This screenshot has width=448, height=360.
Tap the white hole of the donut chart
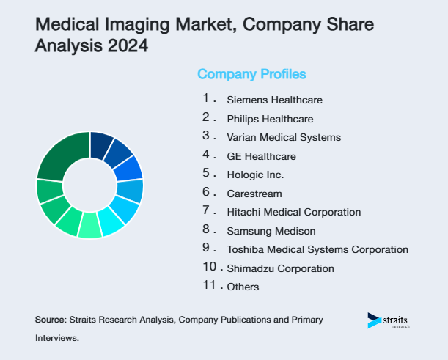click(89, 185)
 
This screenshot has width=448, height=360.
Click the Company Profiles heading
click(251, 74)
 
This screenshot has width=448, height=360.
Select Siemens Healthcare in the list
click(274, 100)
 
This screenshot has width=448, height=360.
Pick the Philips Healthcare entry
click(270, 119)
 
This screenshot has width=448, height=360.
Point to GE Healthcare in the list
click(262, 156)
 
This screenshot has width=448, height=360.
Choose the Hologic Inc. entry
click(255, 175)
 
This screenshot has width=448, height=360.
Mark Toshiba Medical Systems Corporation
click(317, 249)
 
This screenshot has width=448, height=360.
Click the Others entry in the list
click(243, 287)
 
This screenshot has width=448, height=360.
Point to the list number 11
click(210, 285)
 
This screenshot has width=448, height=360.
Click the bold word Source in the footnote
click(50, 320)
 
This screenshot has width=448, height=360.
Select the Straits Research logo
click(389, 321)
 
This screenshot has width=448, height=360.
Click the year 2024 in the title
click(126, 46)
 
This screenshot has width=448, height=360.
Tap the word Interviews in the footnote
click(56, 339)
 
